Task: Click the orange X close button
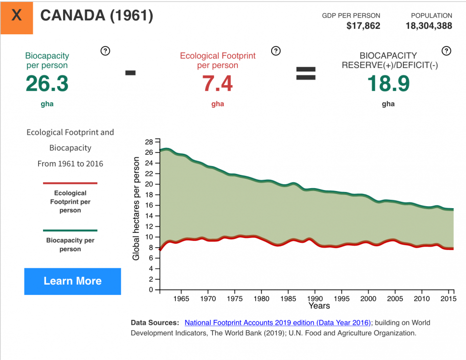click(17, 17)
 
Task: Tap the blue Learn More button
click(72, 281)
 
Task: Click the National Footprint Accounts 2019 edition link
click(278, 323)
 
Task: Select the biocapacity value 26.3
click(47, 84)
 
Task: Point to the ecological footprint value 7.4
click(217, 84)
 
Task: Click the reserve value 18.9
click(388, 84)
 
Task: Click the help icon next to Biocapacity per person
click(105, 50)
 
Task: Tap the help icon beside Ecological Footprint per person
click(276, 50)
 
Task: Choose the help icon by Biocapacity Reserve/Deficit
click(446, 50)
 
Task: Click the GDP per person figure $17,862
click(363, 26)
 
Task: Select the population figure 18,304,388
click(429, 26)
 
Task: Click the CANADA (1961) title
click(96, 16)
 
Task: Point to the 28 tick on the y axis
click(149, 142)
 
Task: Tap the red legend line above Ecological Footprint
click(70, 183)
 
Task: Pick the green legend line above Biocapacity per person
click(70, 230)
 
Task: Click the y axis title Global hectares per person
click(137, 209)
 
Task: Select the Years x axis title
click(319, 306)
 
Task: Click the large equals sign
click(305, 73)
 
